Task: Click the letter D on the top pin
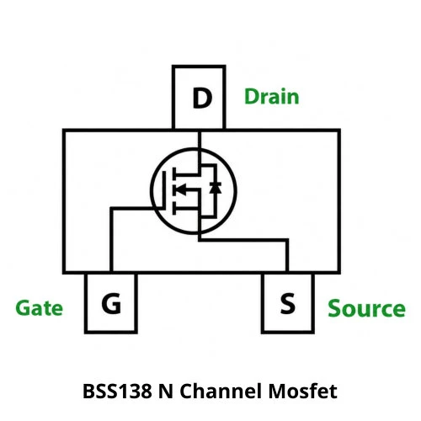tap(202, 98)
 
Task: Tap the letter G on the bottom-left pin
tap(111, 303)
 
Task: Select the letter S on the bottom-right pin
tap(288, 303)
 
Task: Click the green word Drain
tap(271, 97)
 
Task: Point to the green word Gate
tap(39, 308)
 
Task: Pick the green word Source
tap(366, 308)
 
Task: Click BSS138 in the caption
tap(117, 391)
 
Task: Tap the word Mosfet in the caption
tap(303, 391)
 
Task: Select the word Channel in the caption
tap(221, 391)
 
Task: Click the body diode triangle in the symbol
tap(216, 188)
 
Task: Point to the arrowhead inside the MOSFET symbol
tap(180, 189)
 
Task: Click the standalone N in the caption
tap(166, 391)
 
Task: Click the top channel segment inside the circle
tap(174, 174)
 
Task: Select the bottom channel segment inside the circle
tap(174, 208)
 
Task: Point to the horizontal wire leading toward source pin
tap(243, 240)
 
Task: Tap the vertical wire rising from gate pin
tap(111, 240)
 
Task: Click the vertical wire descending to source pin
tap(287, 255)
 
